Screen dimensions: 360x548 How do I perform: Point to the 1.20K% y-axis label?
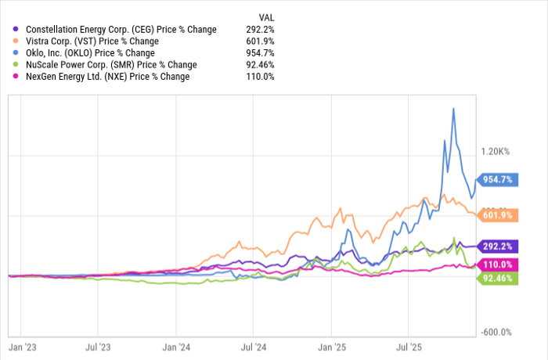(x=496, y=151)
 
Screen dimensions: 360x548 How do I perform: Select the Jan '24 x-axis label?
(x=175, y=345)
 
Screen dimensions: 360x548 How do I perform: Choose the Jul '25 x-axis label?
(x=410, y=345)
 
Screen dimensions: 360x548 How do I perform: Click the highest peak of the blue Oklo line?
(x=453, y=108)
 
